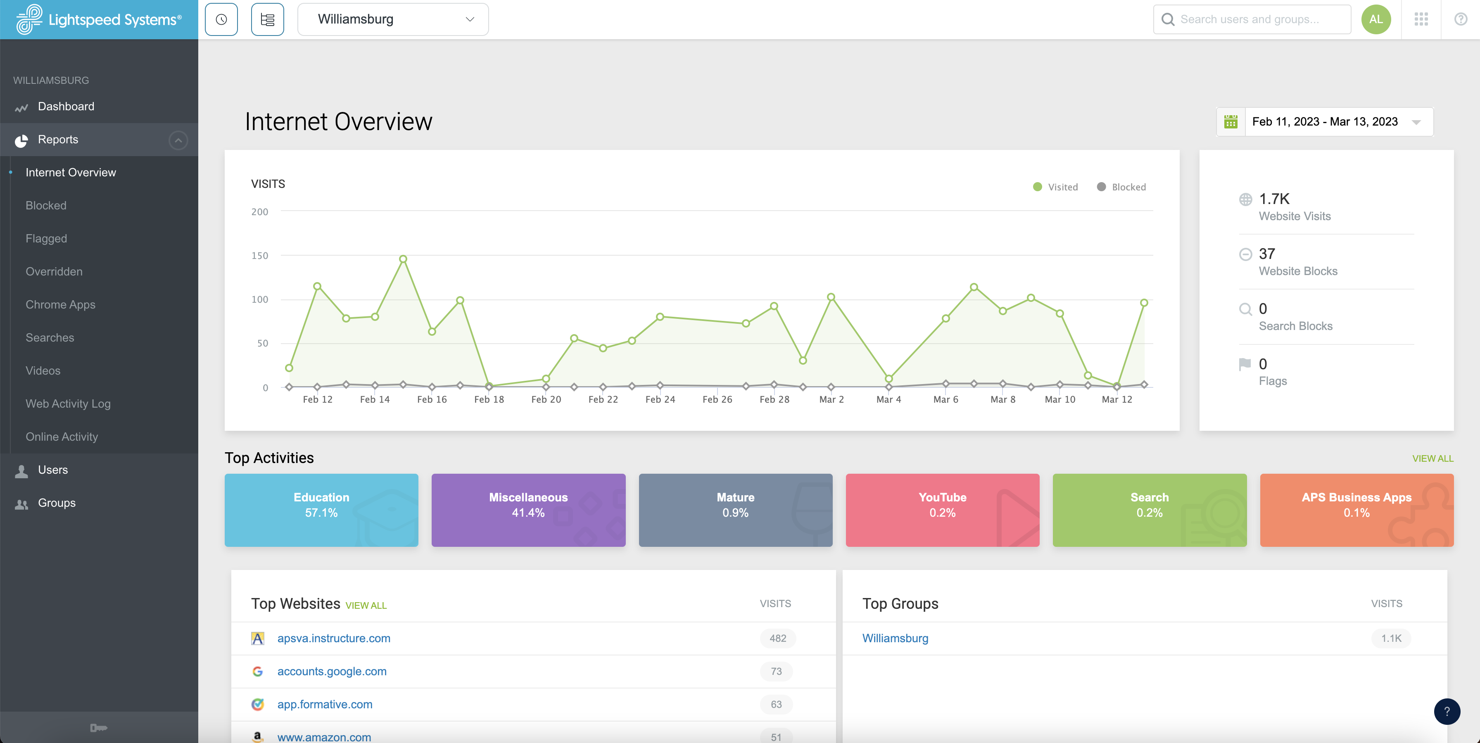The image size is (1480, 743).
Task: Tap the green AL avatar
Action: pos(1375,19)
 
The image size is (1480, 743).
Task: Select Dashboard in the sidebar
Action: pos(66,106)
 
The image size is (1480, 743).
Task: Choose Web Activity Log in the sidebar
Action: pos(68,404)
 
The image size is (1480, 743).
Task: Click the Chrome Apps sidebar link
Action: pos(60,304)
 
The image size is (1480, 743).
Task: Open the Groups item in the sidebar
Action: pos(56,503)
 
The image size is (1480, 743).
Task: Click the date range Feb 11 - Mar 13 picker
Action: pos(1324,122)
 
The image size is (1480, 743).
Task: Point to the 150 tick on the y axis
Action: pos(260,256)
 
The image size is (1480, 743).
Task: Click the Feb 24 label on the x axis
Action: pos(660,399)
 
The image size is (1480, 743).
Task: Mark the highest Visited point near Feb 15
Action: pos(403,259)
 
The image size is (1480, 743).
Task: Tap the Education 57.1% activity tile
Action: pos(321,510)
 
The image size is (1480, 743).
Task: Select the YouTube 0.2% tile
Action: pos(942,510)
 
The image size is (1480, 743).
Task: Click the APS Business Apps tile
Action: pos(1356,510)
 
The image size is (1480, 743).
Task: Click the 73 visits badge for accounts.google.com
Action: pos(776,671)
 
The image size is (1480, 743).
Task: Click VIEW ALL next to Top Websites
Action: pos(366,605)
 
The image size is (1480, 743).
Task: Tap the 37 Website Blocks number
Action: pos(1267,254)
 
